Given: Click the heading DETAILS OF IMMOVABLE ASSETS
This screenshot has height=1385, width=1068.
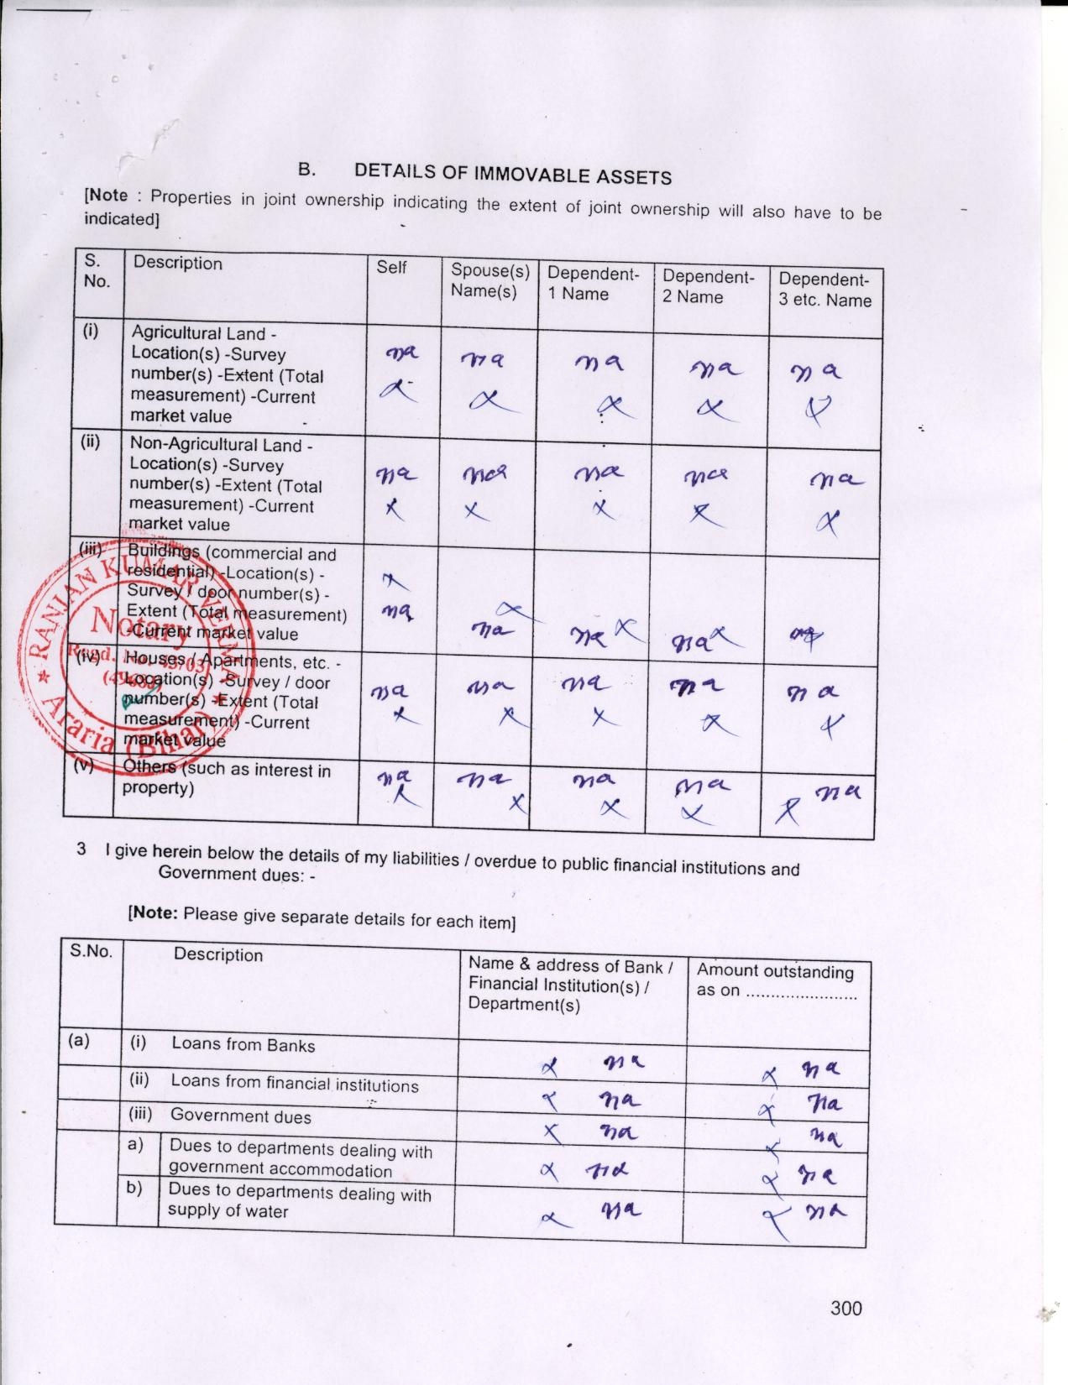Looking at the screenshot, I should coord(512,173).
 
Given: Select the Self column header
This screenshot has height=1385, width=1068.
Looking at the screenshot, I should coord(391,267).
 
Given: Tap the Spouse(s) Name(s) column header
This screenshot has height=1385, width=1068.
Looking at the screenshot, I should coord(489,280).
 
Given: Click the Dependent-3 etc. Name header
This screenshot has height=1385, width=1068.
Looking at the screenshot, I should coord(825,290).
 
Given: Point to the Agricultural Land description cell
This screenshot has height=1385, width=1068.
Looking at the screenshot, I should coord(227,374).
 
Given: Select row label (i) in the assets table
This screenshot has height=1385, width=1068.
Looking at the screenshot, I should coord(91,331).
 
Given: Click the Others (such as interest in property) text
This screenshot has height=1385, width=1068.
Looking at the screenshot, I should coord(227,778).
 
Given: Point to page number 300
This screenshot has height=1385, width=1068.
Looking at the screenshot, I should coord(845,1308).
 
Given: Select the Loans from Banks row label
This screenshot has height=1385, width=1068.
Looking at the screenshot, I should coord(243,1044).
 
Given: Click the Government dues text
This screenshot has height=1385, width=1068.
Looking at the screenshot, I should coord(240,1116).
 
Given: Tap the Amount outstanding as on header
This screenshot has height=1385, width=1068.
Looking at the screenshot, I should coord(775,980).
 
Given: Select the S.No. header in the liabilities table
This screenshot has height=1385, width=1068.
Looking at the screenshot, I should coord(91,951).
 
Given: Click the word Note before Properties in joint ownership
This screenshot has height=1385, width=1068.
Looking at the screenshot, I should coord(108,195).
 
